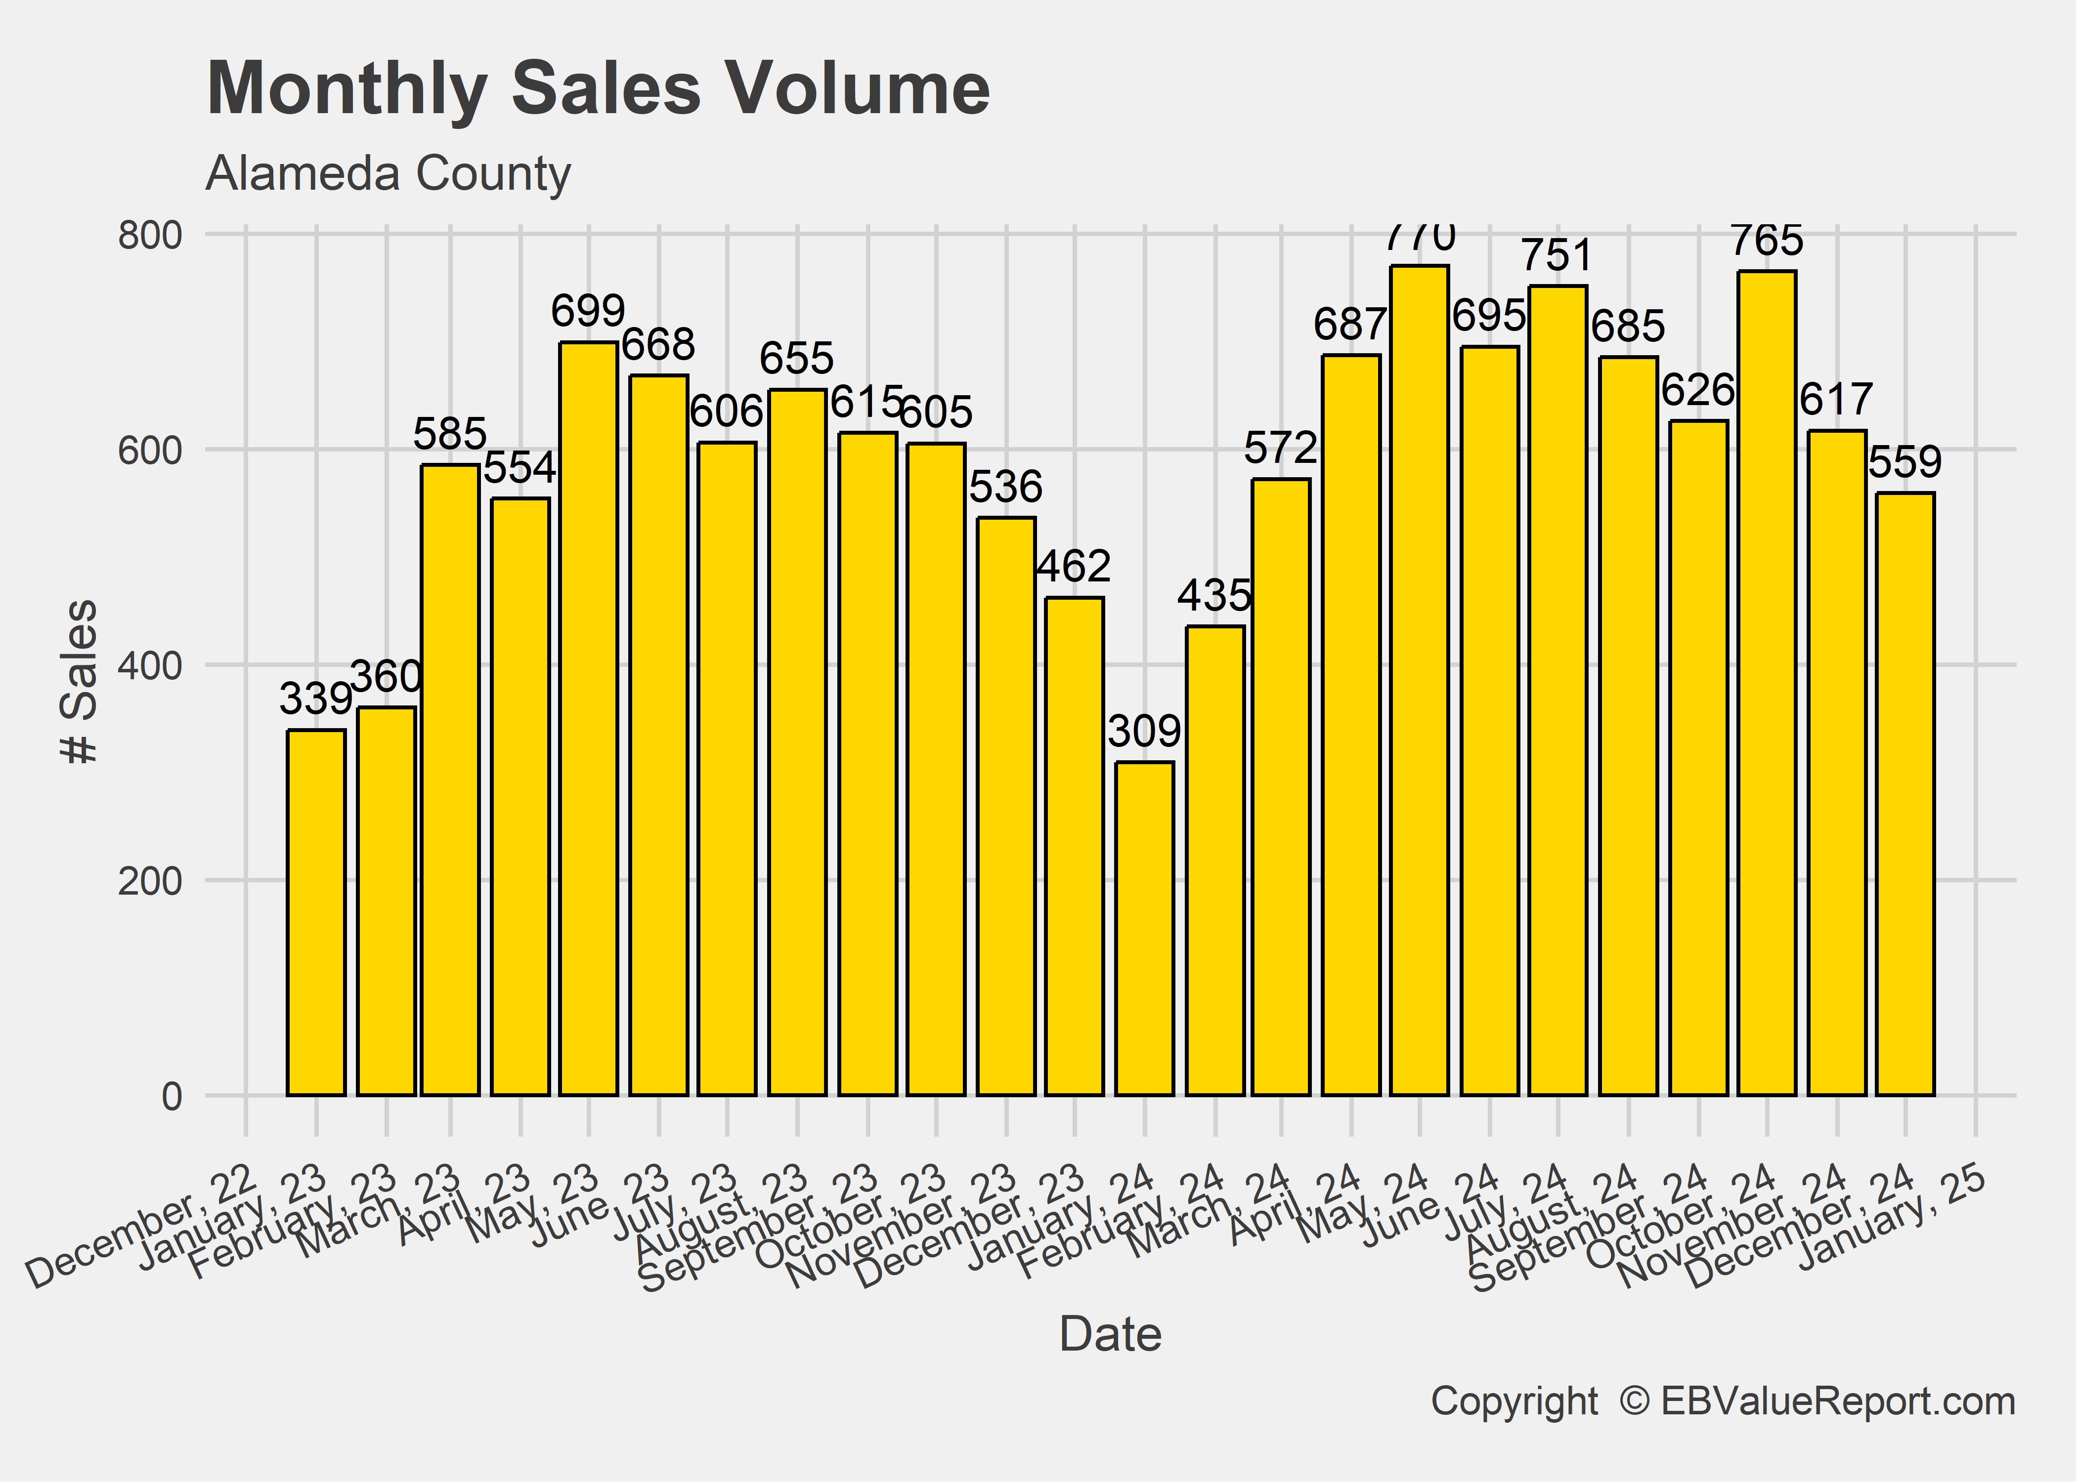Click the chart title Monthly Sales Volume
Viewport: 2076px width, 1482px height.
tap(598, 88)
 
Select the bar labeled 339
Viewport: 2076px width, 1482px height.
tap(316, 912)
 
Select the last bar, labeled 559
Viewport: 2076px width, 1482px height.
tap(1905, 794)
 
